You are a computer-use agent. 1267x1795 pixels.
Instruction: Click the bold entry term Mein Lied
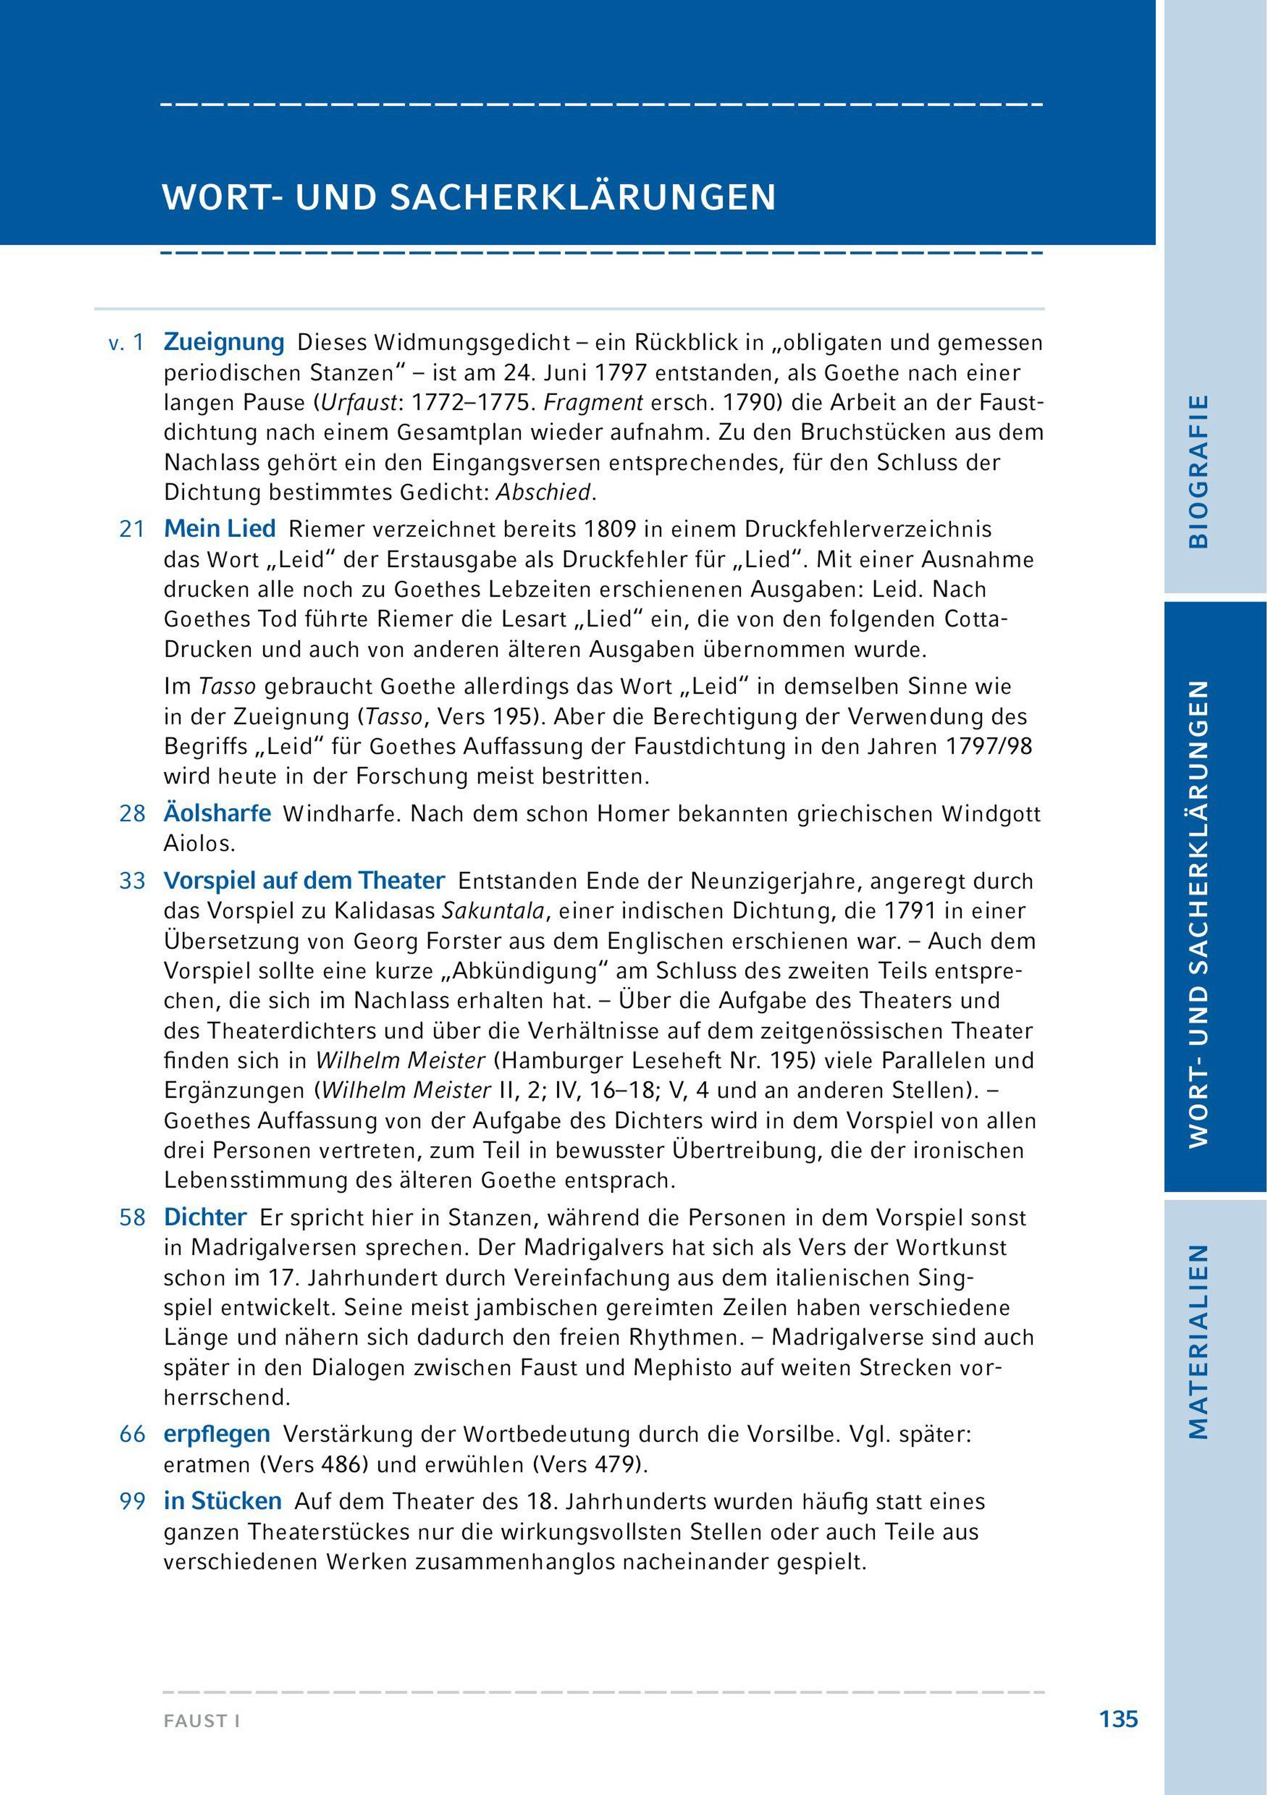pos(220,530)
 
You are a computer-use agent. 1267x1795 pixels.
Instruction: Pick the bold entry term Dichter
pos(205,1217)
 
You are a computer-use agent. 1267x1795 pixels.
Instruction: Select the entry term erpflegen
pos(216,1434)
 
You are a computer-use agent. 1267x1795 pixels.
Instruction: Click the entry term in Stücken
pos(223,1501)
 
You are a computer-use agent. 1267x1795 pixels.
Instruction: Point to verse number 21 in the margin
pos(132,530)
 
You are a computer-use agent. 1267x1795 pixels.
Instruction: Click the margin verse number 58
pos(132,1218)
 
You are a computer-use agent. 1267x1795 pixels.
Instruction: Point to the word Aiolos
pos(198,844)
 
